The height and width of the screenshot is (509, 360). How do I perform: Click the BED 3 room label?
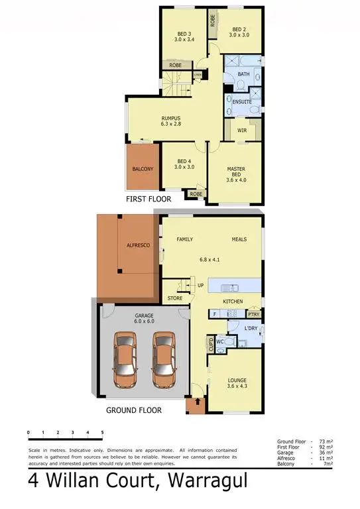184,34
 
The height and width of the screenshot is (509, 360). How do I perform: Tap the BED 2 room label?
239,30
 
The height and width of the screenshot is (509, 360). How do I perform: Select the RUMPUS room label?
170,119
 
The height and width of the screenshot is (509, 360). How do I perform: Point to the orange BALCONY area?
143,169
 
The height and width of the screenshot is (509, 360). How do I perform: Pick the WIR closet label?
242,131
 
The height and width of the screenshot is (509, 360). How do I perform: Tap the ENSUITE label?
243,101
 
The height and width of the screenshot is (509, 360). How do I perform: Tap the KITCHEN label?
233,302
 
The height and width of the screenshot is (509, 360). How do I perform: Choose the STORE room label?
174,298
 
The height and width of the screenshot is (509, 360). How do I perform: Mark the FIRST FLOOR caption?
149,199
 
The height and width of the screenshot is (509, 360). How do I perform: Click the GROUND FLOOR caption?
134,410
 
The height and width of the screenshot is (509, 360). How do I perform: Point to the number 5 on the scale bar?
102,432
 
